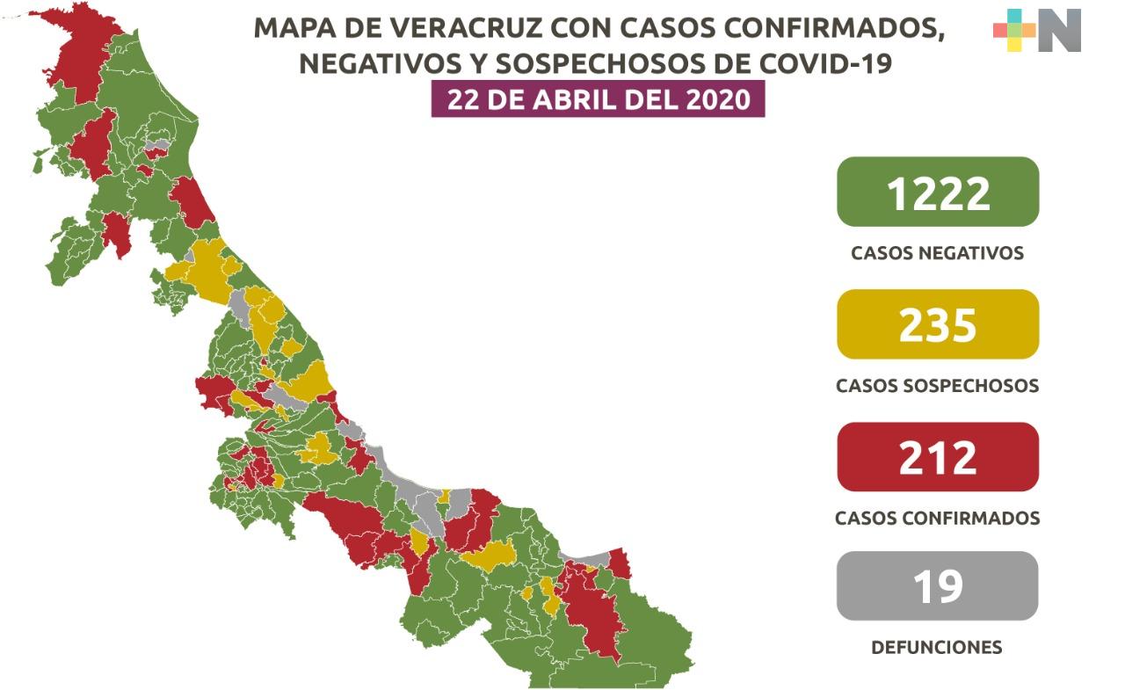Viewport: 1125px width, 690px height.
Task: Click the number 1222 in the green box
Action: tap(938, 193)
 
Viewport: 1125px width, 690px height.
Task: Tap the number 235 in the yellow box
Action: tap(938, 324)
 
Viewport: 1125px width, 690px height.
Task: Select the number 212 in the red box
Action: tap(938, 457)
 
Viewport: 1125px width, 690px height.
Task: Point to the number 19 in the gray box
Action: tap(938, 586)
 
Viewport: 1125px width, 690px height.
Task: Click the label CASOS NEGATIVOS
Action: tap(937, 253)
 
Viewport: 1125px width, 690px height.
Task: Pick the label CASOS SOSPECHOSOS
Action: tap(937, 386)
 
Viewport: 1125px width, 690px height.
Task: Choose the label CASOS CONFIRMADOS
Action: tap(937, 519)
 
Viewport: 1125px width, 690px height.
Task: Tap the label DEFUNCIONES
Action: tap(936, 648)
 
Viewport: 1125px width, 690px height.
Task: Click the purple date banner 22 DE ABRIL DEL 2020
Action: tap(598, 99)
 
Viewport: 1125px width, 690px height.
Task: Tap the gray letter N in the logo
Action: tap(1059, 31)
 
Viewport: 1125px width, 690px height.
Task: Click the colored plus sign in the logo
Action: tap(1014, 31)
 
